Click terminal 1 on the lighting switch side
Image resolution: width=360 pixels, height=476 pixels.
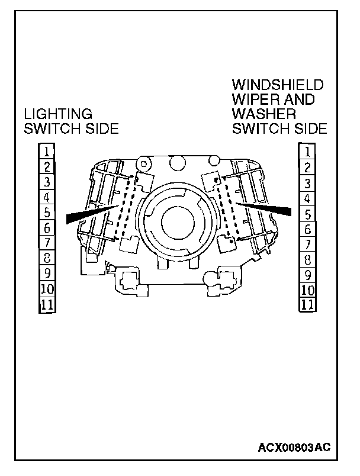[47, 150]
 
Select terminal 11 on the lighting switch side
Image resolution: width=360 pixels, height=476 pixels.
[47, 305]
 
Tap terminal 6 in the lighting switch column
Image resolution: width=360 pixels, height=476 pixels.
[47, 227]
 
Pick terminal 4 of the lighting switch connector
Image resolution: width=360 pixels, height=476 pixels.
[47, 197]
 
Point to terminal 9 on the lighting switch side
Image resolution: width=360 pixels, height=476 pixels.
[47, 274]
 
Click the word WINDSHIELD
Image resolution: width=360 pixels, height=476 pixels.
[278, 84]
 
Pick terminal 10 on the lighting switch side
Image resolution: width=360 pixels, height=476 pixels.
[47, 290]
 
